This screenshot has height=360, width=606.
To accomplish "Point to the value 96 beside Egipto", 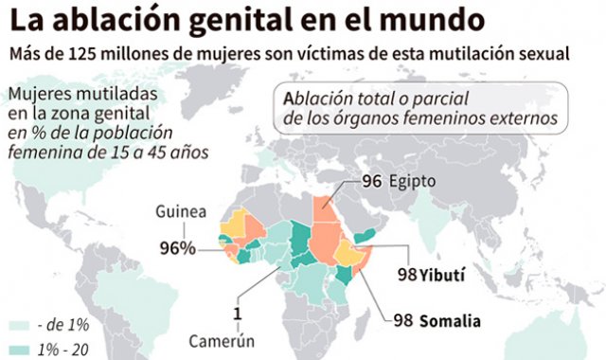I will (x=371, y=179).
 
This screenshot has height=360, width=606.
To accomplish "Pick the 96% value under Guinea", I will (x=177, y=248).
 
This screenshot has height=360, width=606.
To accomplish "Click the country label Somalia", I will (x=450, y=320).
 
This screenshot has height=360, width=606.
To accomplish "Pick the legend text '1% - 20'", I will (x=63, y=349).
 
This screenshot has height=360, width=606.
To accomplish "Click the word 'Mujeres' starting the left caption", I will (x=36, y=95).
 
